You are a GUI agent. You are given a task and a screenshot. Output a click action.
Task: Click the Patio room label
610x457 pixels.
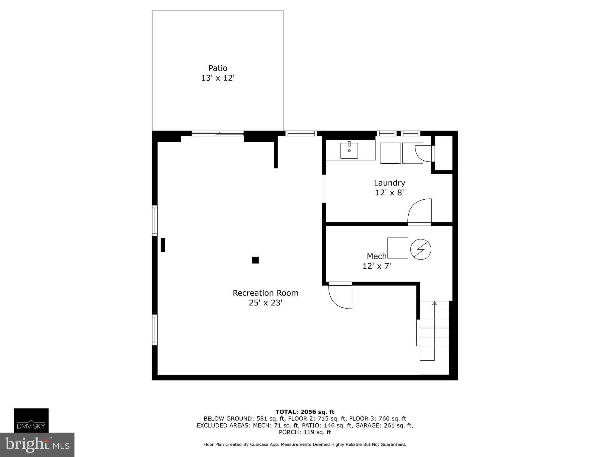218,68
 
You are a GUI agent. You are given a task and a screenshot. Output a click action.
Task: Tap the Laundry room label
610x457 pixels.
389,183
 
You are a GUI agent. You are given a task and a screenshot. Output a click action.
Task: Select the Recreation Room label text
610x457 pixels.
265,293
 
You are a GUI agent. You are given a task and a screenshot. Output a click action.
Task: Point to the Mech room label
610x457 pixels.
376,256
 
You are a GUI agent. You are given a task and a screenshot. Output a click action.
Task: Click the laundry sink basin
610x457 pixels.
349,151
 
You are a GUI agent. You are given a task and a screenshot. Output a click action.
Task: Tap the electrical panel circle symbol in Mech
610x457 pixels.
421,249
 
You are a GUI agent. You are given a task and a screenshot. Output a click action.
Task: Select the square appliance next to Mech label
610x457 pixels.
398,248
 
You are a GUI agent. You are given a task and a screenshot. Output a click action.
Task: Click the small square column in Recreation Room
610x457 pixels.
255,260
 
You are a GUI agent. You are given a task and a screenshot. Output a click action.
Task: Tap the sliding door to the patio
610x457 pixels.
218,134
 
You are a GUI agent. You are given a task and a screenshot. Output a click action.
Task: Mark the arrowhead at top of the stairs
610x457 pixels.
434,303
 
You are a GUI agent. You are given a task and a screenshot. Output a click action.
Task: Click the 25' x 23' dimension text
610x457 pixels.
265,303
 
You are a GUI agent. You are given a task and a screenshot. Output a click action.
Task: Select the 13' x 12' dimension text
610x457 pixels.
218,78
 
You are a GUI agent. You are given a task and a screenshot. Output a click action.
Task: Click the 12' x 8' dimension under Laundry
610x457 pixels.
389,192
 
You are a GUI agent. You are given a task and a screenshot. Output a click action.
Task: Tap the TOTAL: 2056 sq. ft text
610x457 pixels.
305,412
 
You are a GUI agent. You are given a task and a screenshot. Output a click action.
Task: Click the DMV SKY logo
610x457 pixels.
31,420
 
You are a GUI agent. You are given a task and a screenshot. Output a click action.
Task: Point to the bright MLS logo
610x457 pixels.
37,445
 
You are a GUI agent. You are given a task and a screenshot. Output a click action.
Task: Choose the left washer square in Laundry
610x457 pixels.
390,153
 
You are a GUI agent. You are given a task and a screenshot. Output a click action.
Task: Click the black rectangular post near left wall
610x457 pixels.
163,245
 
